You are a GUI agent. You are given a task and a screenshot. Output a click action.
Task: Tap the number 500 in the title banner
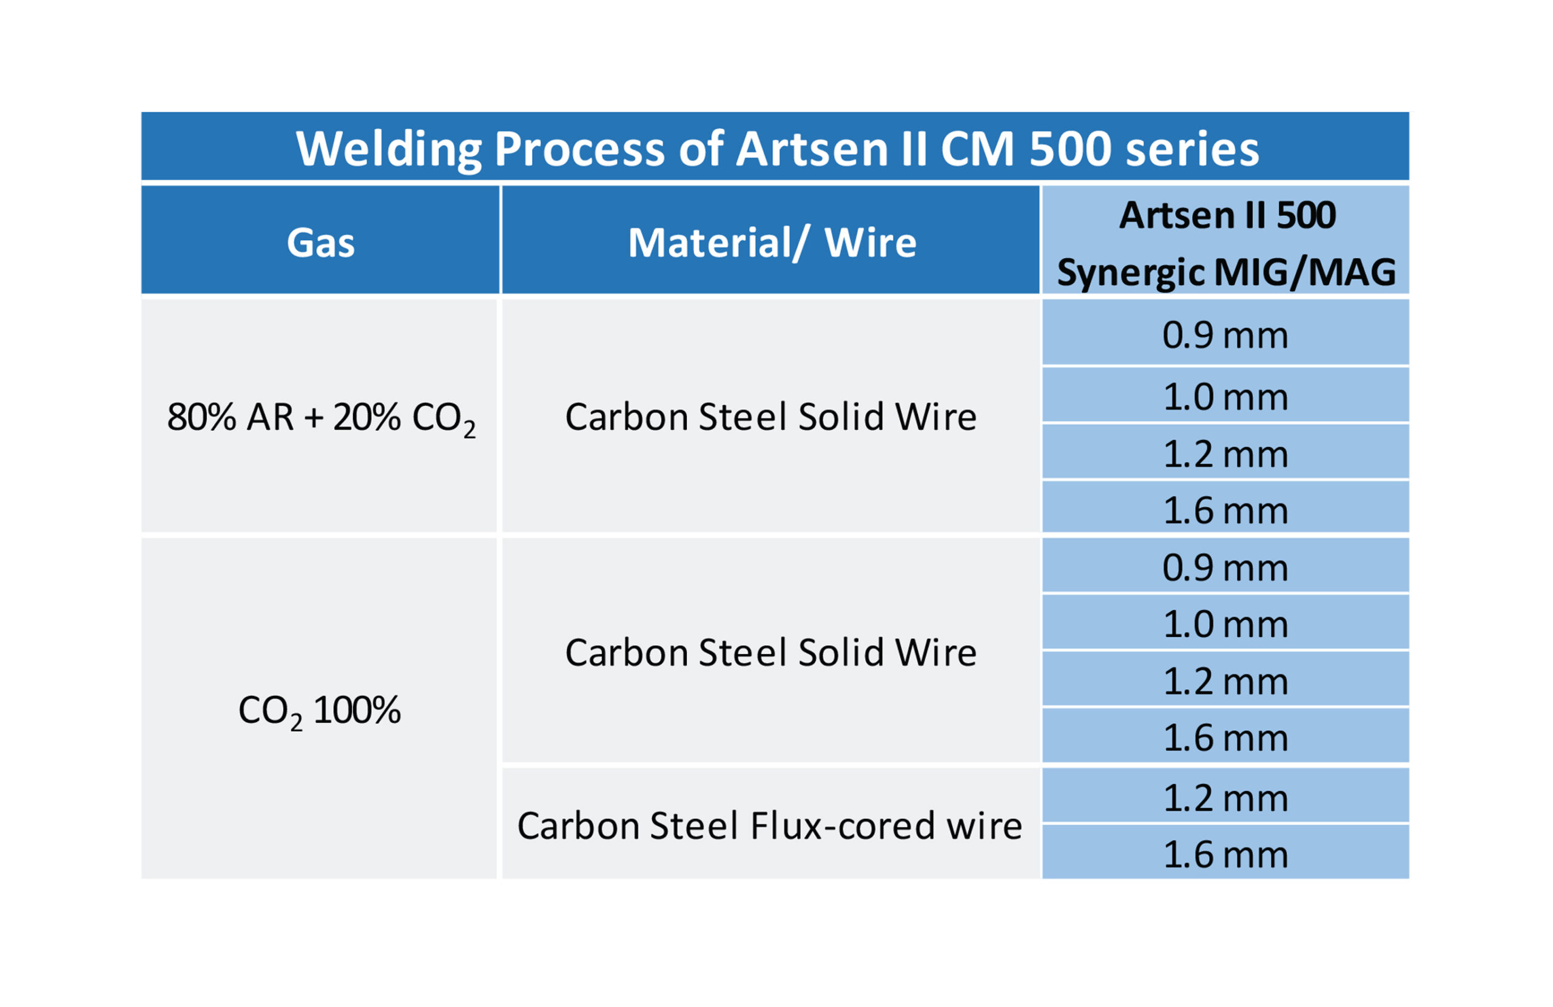1070,149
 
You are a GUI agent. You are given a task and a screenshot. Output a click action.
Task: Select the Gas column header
320,243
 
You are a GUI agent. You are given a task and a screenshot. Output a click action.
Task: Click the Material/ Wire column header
772,243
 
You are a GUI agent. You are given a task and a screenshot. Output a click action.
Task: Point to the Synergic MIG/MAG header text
1226,272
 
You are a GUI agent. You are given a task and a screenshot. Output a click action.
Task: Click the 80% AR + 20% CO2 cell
320,418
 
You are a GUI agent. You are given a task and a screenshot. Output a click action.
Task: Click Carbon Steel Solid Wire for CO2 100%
770,653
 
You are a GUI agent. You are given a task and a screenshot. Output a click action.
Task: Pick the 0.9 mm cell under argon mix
1225,335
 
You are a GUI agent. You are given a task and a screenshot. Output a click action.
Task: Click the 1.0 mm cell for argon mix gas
1225,397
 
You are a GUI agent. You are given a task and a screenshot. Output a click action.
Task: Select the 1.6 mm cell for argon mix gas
1225,510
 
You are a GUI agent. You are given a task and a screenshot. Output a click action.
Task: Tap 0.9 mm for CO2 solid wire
1225,568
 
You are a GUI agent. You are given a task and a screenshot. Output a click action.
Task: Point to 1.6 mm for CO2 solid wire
1225,738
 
